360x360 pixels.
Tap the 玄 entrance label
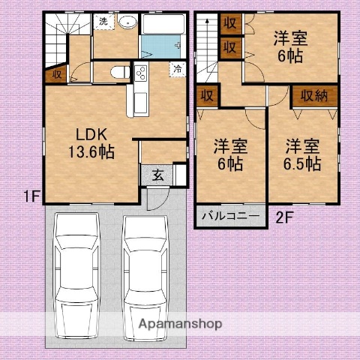click(x=158, y=175)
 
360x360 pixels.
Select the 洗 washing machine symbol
click(x=104, y=22)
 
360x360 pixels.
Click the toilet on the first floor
click(x=117, y=73)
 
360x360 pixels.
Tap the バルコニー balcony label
click(x=231, y=216)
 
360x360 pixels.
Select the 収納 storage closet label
click(x=314, y=95)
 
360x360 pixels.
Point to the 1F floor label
click(x=30, y=197)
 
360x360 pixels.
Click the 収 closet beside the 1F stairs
click(x=56, y=74)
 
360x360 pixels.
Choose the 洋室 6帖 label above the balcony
click(x=230, y=154)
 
